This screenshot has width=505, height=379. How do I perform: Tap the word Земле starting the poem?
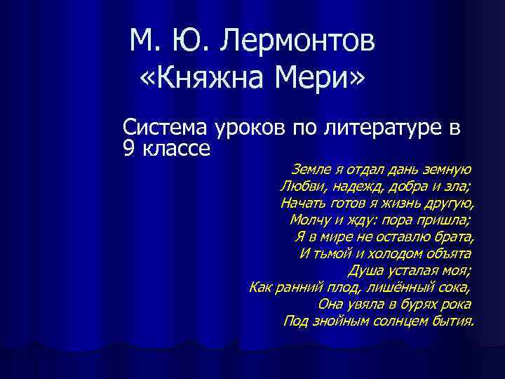[309, 170]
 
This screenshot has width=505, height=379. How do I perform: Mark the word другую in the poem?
[450, 204]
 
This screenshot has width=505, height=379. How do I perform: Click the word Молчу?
[309, 220]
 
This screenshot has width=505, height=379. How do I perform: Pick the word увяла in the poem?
[367, 305]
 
